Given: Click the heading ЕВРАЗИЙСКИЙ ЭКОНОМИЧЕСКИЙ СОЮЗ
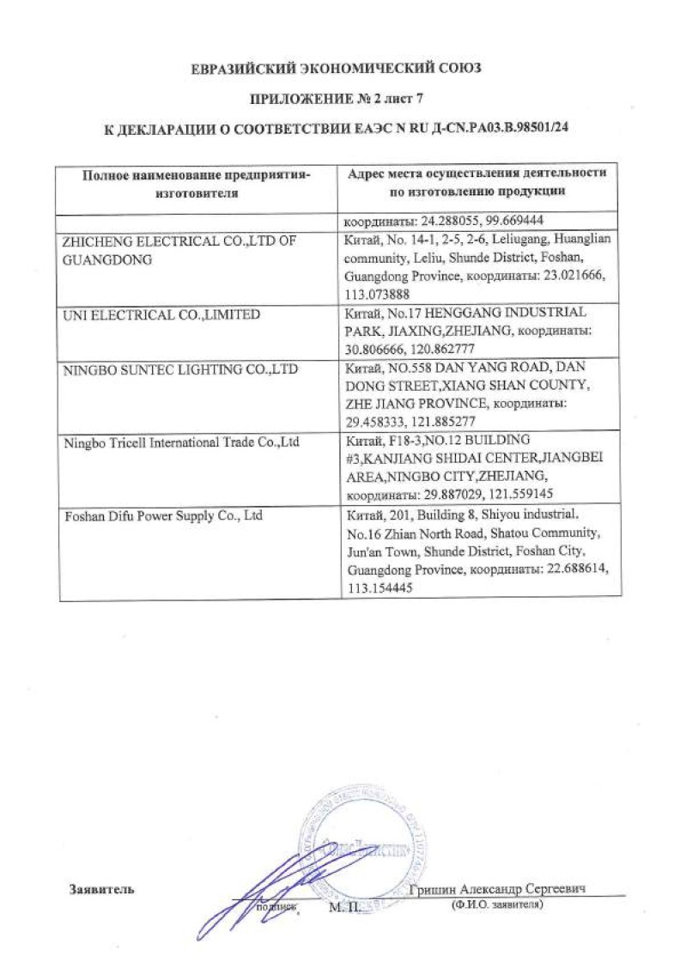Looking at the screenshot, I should coord(341,68).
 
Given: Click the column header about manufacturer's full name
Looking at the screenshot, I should coord(196,184).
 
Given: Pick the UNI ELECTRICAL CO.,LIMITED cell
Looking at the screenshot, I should coord(162,315).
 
